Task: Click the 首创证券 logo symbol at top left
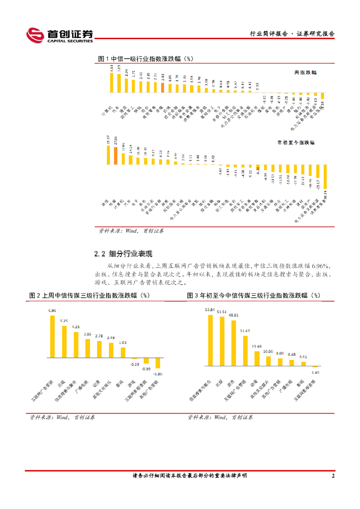(35, 35)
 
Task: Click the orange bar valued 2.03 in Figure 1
(163, 87)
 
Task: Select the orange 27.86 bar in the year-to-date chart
(116, 156)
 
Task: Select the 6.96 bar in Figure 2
(52, 337)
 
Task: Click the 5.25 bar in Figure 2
(64, 341)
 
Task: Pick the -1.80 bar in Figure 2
(158, 363)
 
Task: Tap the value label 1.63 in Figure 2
(123, 342)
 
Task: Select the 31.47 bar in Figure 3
(245, 350)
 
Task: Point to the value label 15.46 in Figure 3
(257, 346)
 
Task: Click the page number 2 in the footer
(333, 476)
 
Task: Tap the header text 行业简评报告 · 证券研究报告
(291, 34)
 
